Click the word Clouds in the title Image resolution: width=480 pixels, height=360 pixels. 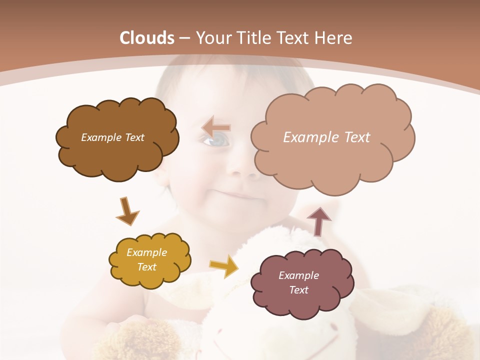147,38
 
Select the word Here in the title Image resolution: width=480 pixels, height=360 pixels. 333,38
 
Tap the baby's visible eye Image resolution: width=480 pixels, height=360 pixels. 215,142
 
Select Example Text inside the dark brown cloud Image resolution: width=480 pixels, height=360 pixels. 112,137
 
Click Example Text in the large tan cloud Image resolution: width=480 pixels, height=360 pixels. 326,137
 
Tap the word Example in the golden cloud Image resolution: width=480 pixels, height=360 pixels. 146,252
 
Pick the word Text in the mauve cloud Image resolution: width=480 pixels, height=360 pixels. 298,290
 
